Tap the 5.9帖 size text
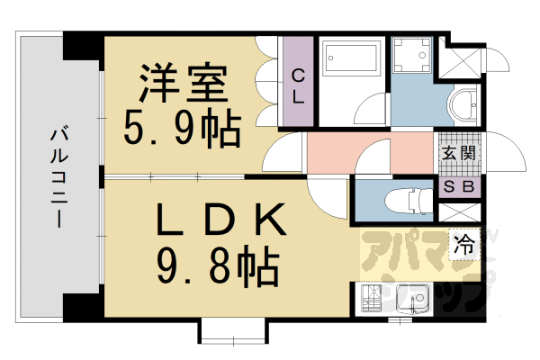[x=182, y=130]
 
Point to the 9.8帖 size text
[x=219, y=265]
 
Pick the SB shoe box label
[x=460, y=187]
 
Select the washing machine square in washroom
[x=415, y=56]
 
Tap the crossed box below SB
[x=460, y=214]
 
